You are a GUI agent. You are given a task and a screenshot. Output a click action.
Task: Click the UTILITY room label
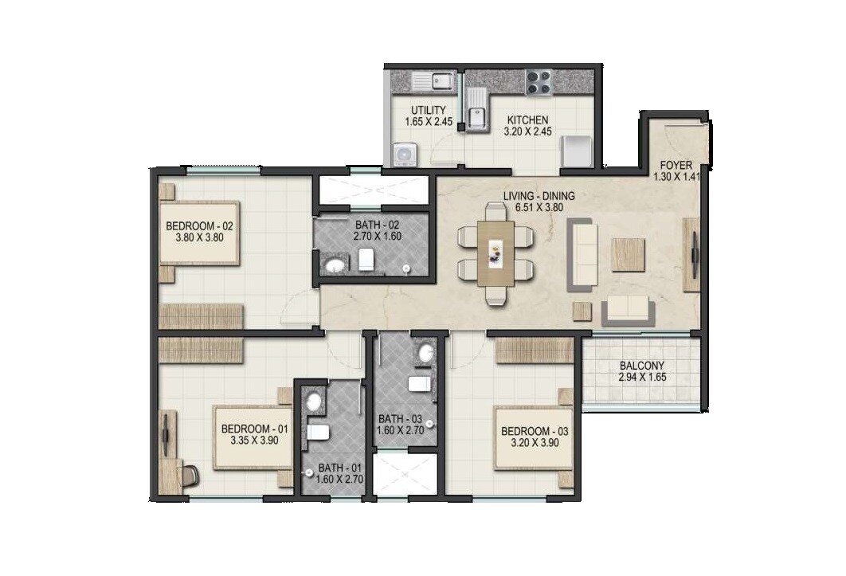[x=428, y=110]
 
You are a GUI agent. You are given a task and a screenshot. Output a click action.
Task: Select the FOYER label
[x=676, y=166]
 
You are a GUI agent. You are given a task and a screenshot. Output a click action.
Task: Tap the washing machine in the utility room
[x=405, y=154]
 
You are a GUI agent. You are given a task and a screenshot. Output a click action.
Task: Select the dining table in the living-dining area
[x=495, y=253]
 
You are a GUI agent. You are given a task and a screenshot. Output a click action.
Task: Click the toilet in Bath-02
[x=366, y=259]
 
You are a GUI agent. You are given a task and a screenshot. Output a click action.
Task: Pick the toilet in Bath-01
[x=319, y=432]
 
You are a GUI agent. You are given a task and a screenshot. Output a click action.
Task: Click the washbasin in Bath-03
[x=426, y=354]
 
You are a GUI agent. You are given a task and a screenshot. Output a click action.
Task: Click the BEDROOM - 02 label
[x=198, y=225]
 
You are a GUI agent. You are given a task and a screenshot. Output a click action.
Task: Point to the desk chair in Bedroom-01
[x=190, y=475]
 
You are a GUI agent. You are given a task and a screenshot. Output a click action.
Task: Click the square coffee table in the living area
[x=628, y=254]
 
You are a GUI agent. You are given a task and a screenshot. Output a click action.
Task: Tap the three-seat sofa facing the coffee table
[x=582, y=255]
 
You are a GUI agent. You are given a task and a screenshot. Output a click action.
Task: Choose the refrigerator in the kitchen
[x=576, y=151]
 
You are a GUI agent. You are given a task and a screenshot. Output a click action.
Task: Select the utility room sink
[x=433, y=80]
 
